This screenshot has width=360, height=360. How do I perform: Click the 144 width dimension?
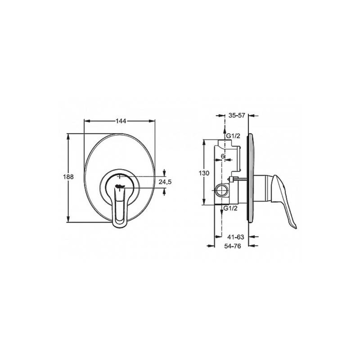tap(121, 121)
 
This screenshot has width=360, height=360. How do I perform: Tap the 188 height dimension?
tap(68, 177)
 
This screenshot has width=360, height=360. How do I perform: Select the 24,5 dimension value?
tap(165, 182)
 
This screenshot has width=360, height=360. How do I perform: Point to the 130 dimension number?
tap(204, 173)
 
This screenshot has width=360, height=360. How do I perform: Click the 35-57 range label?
tap(237, 115)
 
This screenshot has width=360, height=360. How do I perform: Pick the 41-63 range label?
tap(236, 237)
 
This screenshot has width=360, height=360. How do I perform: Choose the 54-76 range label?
tap(233, 246)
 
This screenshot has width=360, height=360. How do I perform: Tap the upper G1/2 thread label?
tap(233, 136)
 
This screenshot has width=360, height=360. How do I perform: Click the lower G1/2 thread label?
tap(230, 208)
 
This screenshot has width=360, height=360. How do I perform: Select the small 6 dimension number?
tap(223, 156)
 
